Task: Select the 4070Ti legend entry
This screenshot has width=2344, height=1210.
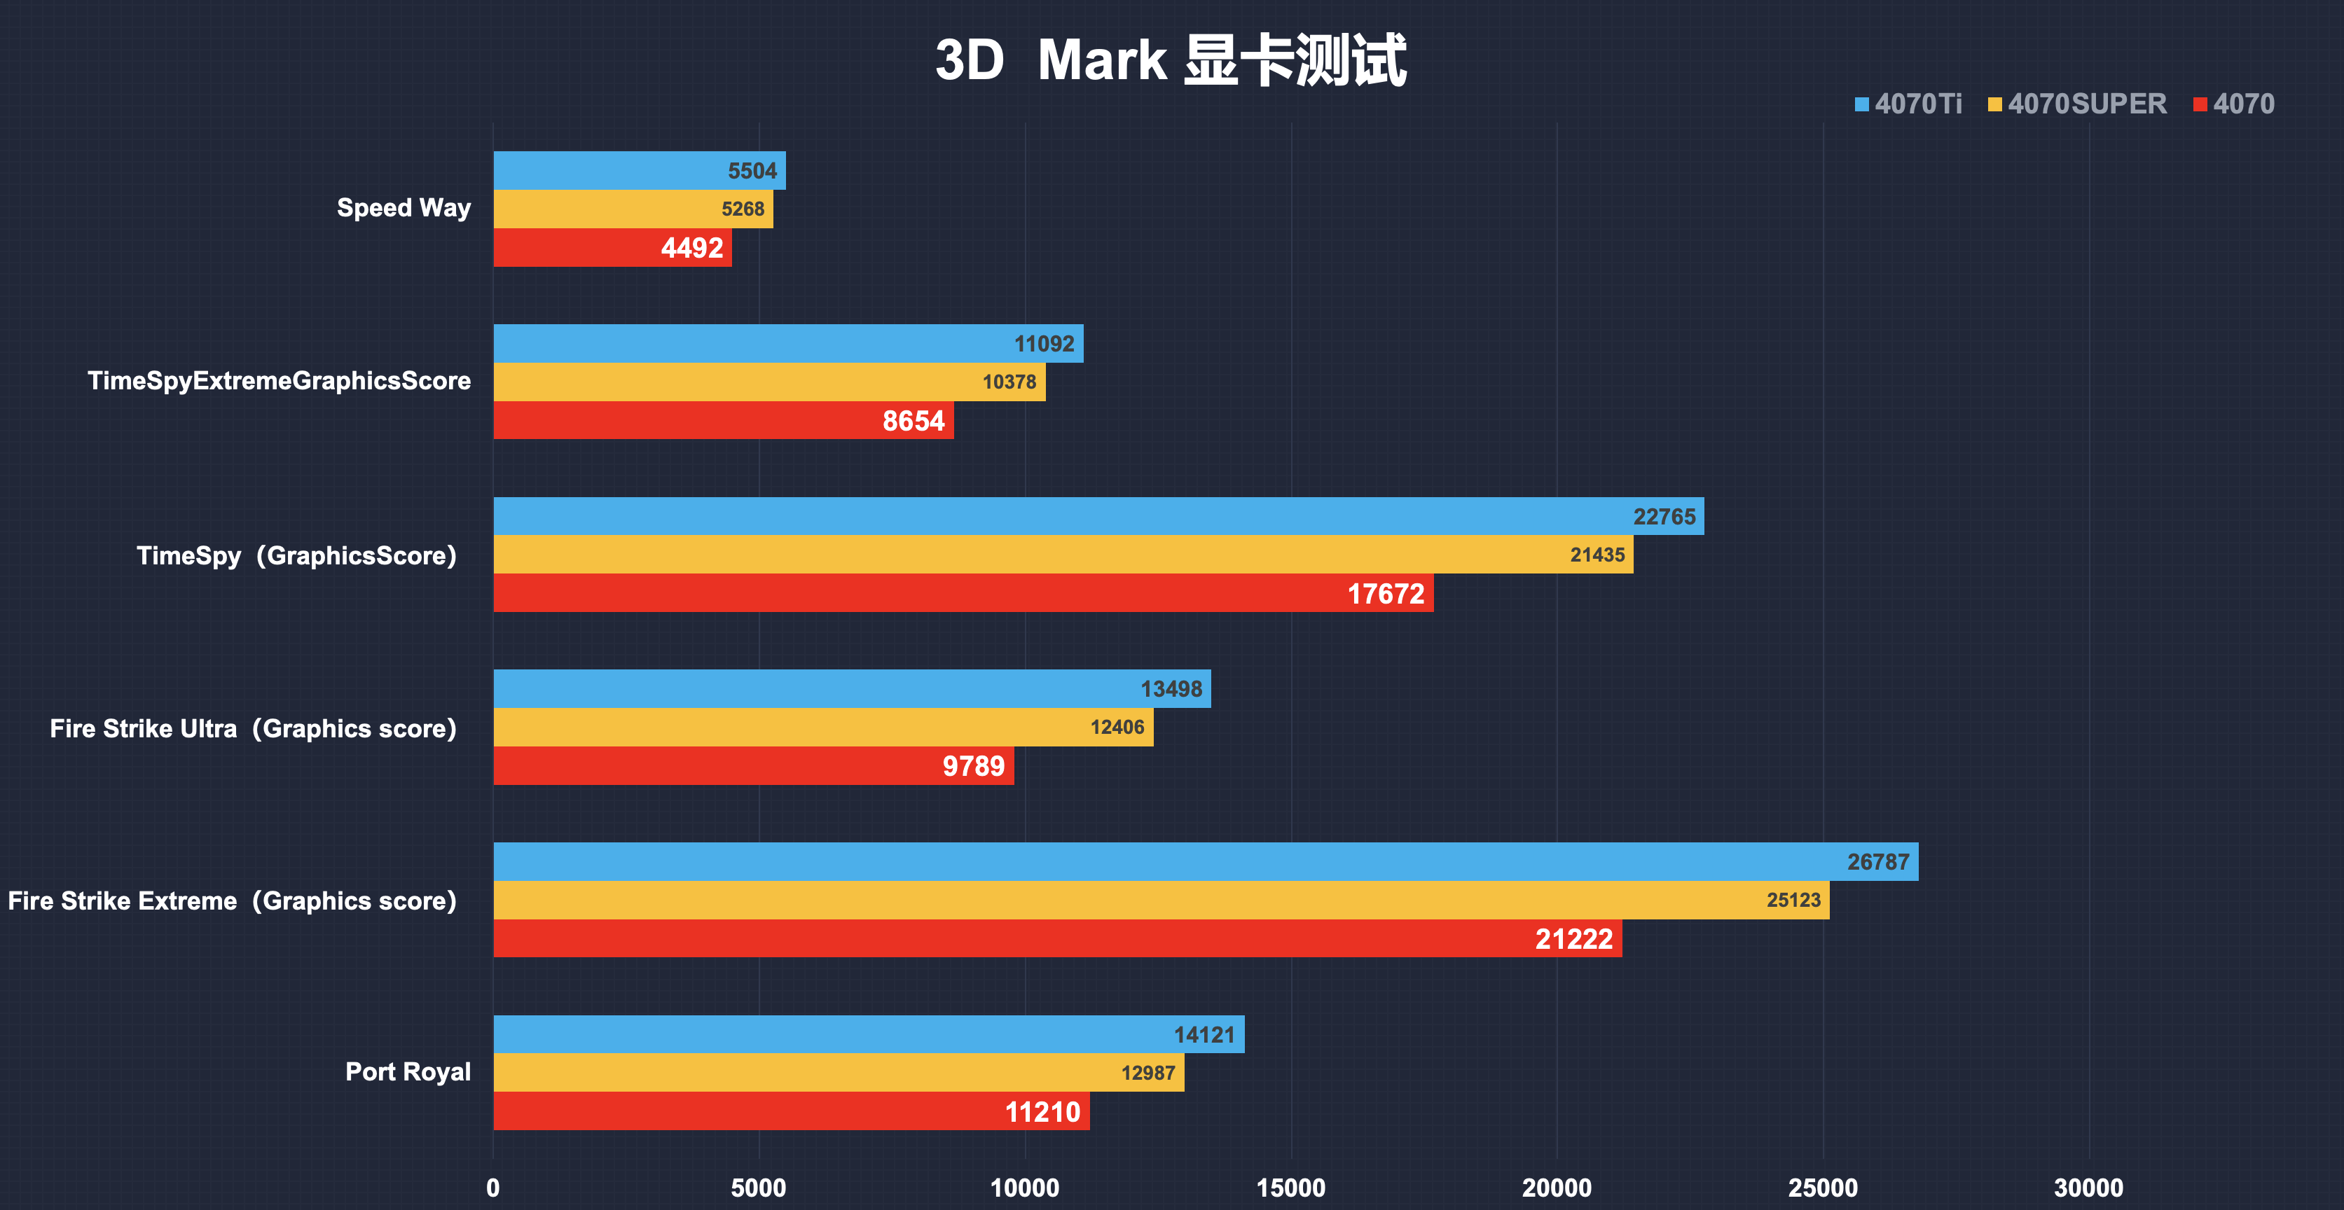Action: (x=1908, y=104)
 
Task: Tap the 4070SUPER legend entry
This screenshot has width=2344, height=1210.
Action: (x=2077, y=104)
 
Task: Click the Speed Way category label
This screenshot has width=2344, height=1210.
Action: (x=404, y=209)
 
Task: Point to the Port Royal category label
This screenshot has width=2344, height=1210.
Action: (x=408, y=1072)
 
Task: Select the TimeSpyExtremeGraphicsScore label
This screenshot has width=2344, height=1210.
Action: (x=280, y=381)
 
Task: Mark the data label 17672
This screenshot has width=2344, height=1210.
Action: (x=1385, y=594)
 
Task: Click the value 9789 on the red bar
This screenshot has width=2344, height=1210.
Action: (x=973, y=766)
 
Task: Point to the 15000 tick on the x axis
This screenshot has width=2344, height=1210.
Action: (x=1290, y=1188)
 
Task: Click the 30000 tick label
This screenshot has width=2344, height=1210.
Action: (x=2088, y=1188)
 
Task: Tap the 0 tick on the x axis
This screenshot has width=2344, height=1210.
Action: (x=493, y=1188)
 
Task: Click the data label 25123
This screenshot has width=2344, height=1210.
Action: (x=1793, y=900)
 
